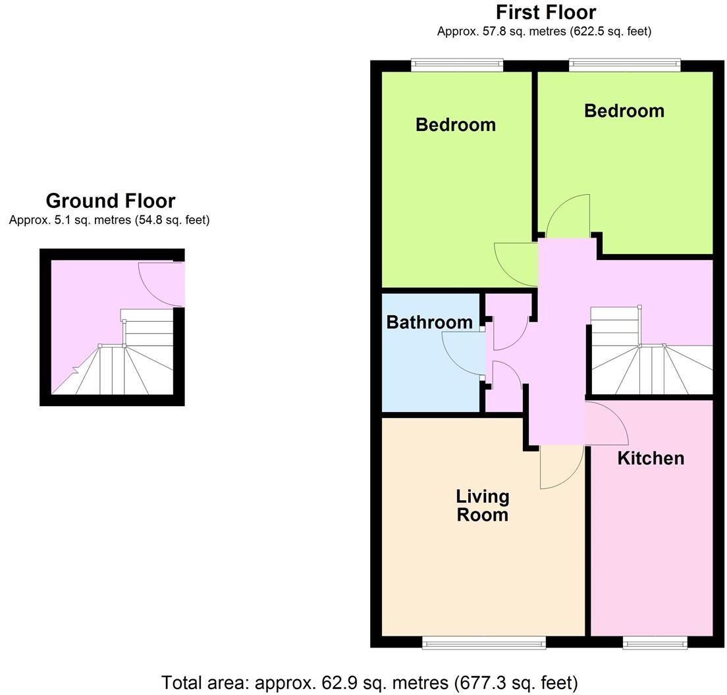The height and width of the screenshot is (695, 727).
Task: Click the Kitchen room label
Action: (651, 458)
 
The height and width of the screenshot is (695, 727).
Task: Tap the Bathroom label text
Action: (429, 322)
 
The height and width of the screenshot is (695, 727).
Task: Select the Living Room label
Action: (483, 505)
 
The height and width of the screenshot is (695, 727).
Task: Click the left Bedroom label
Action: (456, 124)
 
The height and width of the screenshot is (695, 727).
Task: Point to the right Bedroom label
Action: (624, 111)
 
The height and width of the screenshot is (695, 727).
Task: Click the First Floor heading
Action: (545, 13)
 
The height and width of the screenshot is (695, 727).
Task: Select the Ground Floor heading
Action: (110, 201)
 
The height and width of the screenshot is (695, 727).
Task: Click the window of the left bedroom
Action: (457, 64)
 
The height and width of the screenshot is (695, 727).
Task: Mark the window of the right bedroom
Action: (624, 64)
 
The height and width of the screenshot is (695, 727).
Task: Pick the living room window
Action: (484, 642)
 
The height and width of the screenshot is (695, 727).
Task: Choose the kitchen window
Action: (655, 642)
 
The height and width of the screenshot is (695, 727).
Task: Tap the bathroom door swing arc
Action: (461, 352)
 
